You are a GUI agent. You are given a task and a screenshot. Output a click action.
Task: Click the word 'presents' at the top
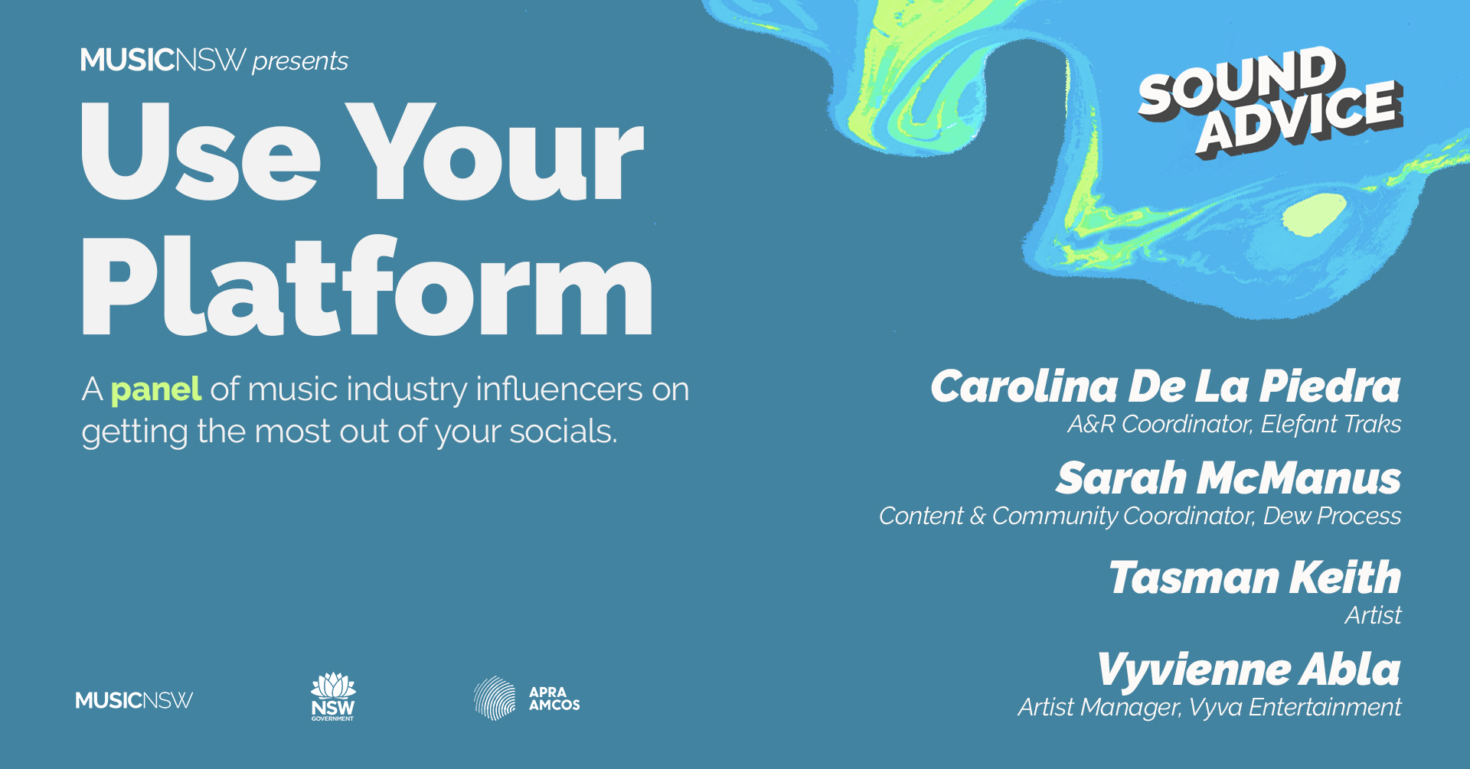[x=300, y=61]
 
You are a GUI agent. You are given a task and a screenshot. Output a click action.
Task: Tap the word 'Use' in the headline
[x=201, y=152]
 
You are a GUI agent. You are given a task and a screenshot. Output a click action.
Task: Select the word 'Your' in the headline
[x=495, y=152]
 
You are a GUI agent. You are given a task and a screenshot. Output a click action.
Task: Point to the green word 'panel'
[x=156, y=390]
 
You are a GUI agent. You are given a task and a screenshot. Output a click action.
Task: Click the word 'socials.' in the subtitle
[x=563, y=431]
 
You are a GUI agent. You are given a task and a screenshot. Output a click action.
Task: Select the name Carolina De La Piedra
[x=1165, y=386]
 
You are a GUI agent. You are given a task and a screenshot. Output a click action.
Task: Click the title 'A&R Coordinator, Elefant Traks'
[x=1234, y=424]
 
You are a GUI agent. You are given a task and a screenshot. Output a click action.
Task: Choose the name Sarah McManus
[x=1228, y=478]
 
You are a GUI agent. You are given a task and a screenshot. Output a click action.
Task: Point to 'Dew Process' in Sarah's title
[x=1332, y=516]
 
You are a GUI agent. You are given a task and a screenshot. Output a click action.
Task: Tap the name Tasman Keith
[x=1255, y=577]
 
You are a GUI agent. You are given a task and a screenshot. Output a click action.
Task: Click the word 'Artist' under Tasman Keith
[x=1374, y=615]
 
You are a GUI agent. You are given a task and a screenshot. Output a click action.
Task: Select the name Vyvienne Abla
[x=1249, y=670]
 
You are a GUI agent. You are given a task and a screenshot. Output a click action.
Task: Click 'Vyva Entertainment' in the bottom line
[x=1295, y=707]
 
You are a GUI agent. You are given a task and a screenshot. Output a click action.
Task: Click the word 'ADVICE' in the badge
[x=1299, y=116]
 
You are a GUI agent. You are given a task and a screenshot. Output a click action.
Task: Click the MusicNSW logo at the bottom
[x=134, y=700]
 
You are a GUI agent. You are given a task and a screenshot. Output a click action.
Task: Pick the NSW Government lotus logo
[x=333, y=697]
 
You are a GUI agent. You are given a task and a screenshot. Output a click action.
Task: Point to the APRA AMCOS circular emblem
[x=495, y=698]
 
